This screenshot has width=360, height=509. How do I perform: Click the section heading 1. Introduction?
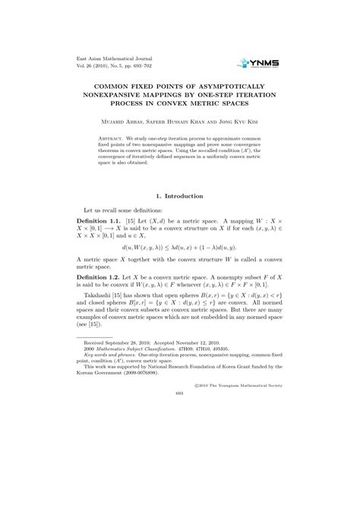click(x=179, y=196)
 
